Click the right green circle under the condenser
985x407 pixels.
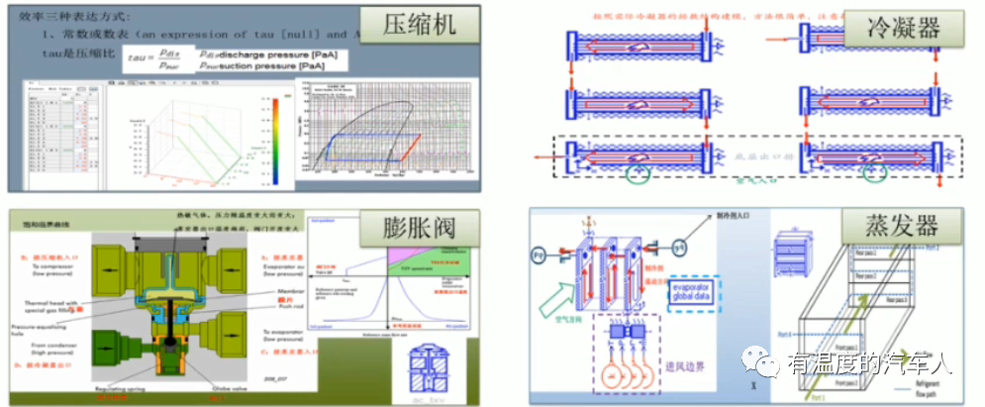click(871, 174)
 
